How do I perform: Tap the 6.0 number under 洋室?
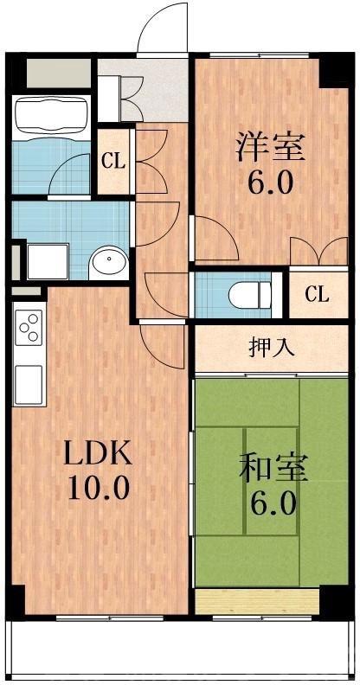tap(271, 183)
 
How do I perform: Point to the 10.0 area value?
tap(100, 487)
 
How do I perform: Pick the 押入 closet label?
tap(271, 347)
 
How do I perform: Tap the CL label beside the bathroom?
tap(112, 159)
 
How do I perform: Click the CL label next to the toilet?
tap(317, 294)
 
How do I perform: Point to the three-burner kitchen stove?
tap(29, 330)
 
